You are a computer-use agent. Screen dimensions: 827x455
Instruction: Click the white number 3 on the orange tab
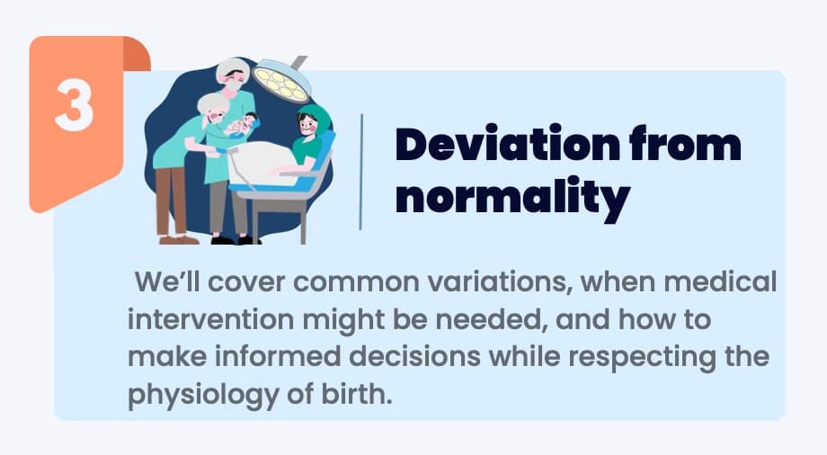(x=75, y=108)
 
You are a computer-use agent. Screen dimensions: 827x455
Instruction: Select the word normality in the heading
(x=512, y=197)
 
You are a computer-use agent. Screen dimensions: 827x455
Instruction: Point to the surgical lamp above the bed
(x=281, y=80)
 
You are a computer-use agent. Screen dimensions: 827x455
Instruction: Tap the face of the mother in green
(x=307, y=126)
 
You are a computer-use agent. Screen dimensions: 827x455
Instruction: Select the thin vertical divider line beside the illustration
(x=361, y=172)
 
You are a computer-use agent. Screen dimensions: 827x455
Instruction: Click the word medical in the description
(x=720, y=281)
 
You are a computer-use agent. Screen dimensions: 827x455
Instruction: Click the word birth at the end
(x=358, y=394)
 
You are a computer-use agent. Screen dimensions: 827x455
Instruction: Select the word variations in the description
(x=501, y=282)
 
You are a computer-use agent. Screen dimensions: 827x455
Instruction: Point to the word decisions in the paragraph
(x=414, y=356)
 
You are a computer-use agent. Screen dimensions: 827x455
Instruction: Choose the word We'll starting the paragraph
(x=168, y=281)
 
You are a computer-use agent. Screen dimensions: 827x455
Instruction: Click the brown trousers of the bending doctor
(x=171, y=201)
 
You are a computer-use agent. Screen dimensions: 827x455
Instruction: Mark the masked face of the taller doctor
(x=235, y=81)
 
